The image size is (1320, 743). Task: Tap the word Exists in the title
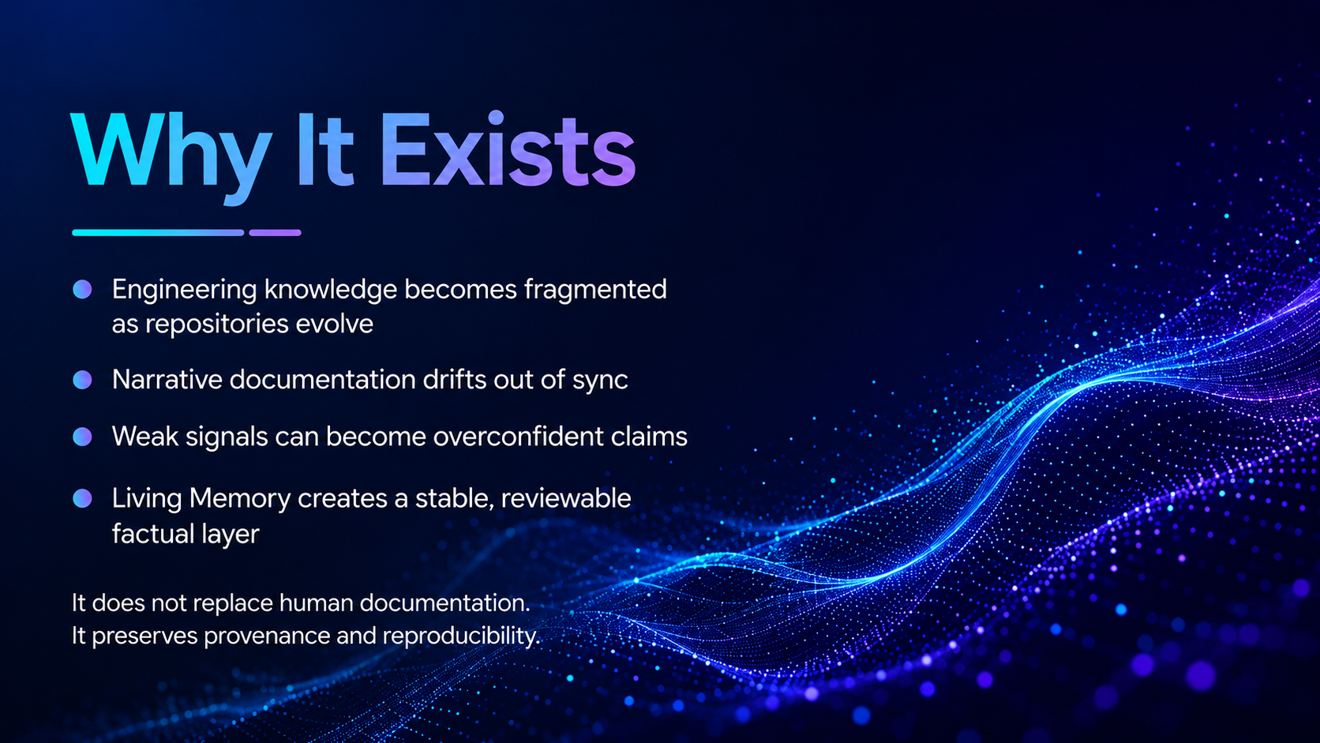(x=508, y=150)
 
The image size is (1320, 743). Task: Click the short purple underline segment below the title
(x=276, y=233)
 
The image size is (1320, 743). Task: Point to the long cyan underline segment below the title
(x=158, y=233)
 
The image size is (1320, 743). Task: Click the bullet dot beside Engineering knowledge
(x=82, y=289)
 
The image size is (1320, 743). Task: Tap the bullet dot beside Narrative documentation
(x=82, y=380)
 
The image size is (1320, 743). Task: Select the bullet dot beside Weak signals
(x=82, y=437)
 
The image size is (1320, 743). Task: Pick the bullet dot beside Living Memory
(x=82, y=498)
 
